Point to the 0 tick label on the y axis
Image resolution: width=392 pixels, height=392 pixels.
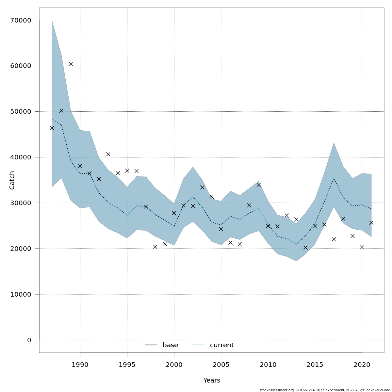(x=29, y=340)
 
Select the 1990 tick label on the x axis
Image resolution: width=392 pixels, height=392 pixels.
(x=80, y=365)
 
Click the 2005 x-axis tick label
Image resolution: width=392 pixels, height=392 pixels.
(x=221, y=365)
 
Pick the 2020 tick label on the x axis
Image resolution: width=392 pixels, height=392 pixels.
(x=362, y=365)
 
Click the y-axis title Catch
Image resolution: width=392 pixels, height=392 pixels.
(x=12, y=180)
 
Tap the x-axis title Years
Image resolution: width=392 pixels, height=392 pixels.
(x=212, y=381)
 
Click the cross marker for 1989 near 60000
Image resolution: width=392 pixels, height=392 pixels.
(x=71, y=64)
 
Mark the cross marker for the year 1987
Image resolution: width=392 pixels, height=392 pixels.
(x=52, y=128)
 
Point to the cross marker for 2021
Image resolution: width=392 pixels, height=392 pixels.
(x=371, y=223)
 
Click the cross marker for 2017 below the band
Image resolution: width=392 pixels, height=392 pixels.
(x=334, y=239)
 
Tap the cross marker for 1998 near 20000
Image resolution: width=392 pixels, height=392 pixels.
(x=155, y=247)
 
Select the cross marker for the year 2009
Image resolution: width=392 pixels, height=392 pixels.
(x=258, y=185)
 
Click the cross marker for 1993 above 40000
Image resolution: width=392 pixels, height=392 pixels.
(x=108, y=154)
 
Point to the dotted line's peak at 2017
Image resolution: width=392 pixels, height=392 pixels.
(x=334, y=178)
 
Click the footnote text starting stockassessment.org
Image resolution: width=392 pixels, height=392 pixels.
(x=325, y=390)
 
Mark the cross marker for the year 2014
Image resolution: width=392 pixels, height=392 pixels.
(x=305, y=248)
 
